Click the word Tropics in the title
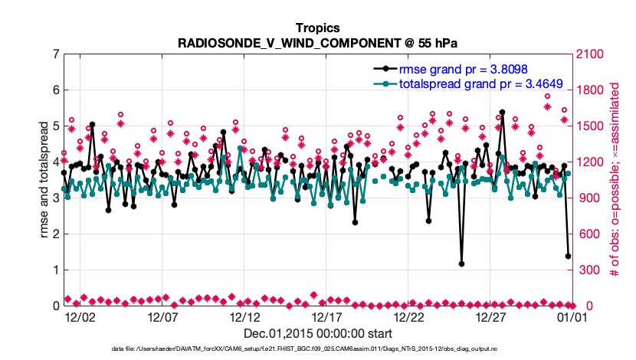point(318,28)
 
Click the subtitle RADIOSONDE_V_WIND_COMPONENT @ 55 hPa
point(318,42)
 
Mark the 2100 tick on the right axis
point(588,54)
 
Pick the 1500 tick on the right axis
point(588,126)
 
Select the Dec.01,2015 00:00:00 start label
point(318,333)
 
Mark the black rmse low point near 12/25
point(461,263)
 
